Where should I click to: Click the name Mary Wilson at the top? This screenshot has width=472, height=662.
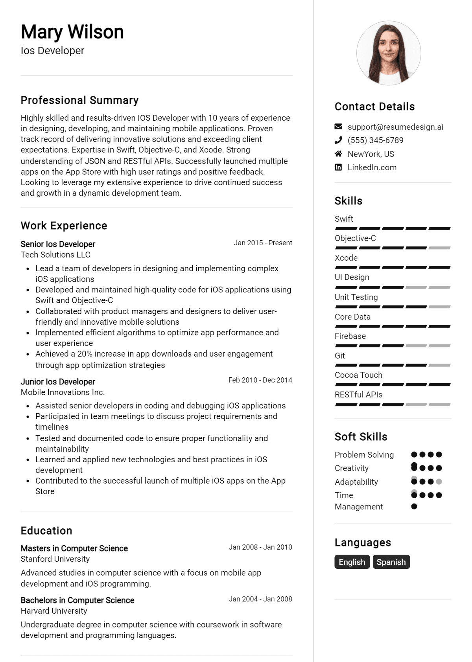tap(72, 32)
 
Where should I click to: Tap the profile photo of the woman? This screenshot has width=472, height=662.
tap(389, 53)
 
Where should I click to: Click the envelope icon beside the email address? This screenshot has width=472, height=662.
tap(338, 127)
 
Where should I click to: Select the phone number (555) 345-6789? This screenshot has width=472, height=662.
tap(375, 140)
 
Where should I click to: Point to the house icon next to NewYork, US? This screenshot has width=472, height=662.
tap(338, 154)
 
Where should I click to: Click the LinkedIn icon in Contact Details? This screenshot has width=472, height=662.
tap(338, 167)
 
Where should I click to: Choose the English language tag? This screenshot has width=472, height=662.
tap(352, 562)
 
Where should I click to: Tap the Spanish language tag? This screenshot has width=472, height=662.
tap(391, 562)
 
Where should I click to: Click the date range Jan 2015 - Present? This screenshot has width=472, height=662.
tap(263, 243)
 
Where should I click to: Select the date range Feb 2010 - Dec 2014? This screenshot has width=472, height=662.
tap(260, 380)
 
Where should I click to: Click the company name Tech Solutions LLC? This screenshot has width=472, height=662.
tap(55, 255)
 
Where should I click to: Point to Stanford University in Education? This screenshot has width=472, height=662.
tap(55, 559)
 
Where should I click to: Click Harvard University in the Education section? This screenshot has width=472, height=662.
tap(54, 611)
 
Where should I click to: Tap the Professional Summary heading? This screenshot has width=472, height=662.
tap(79, 100)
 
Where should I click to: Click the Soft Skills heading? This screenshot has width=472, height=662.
tap(361, 437)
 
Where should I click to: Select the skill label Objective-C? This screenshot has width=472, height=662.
tap(355, 238)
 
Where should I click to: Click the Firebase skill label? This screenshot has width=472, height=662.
tap(350, 336)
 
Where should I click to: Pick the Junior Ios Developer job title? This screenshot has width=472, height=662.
tap(58, 382)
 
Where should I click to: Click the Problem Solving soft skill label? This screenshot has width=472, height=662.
tap(364, 455)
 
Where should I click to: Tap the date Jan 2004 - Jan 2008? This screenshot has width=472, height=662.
tap(260, 599)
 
